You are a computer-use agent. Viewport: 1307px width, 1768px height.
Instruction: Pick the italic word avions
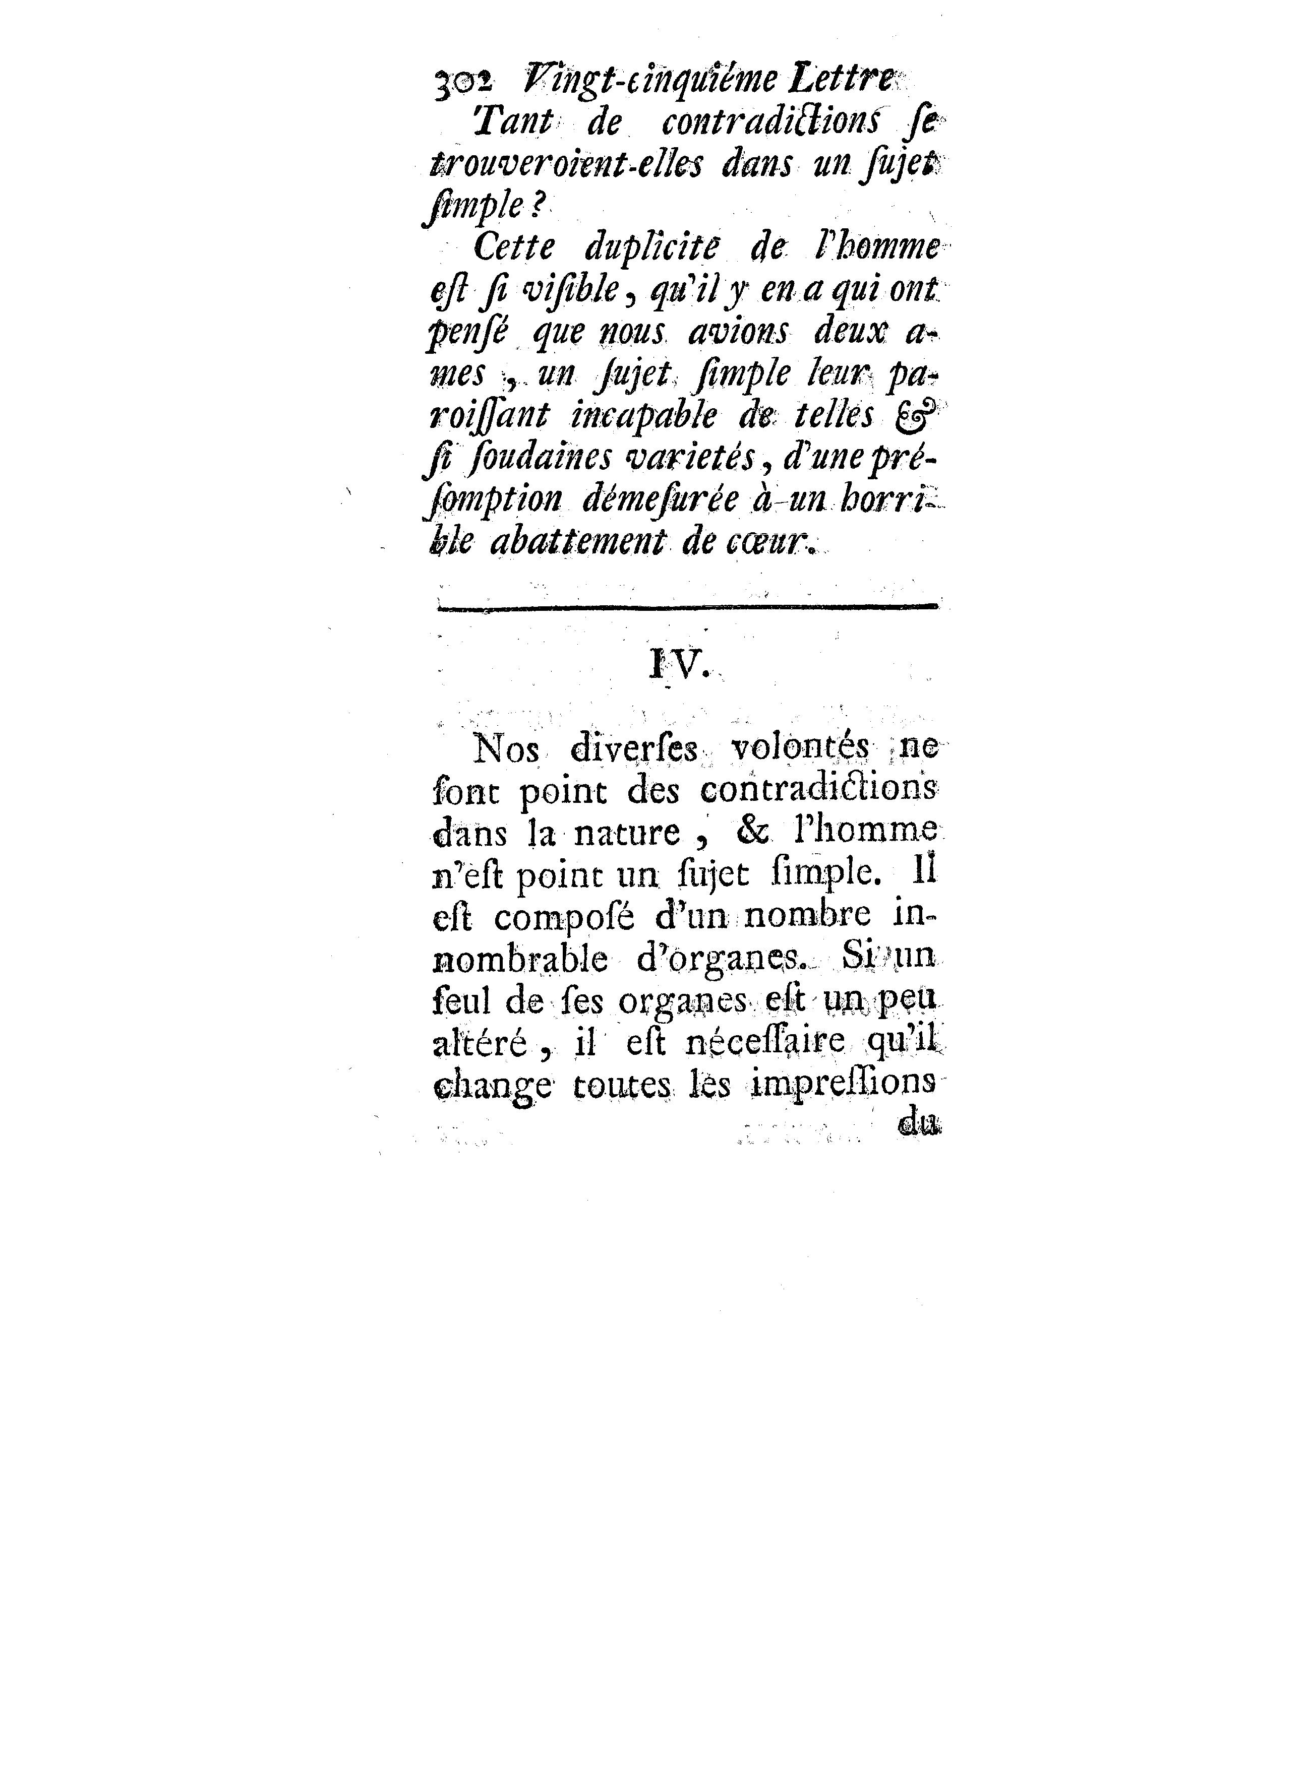pos(737,333)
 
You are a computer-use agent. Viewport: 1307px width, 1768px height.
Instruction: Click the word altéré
pos(480,1044)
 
